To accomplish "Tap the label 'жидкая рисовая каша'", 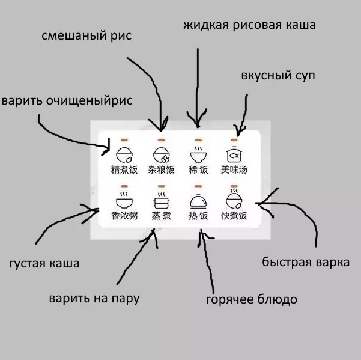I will point(249,25).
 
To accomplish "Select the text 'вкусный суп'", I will point(277,76).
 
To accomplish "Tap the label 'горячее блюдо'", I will point(251,299).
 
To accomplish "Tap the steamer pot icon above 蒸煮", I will point(161,200).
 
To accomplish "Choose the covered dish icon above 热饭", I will point(198,200).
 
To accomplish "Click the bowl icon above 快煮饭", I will point(234,199).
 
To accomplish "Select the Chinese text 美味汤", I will point(234,169).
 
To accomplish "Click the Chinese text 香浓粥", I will point(124,216).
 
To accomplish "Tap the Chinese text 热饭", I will point(198,216).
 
